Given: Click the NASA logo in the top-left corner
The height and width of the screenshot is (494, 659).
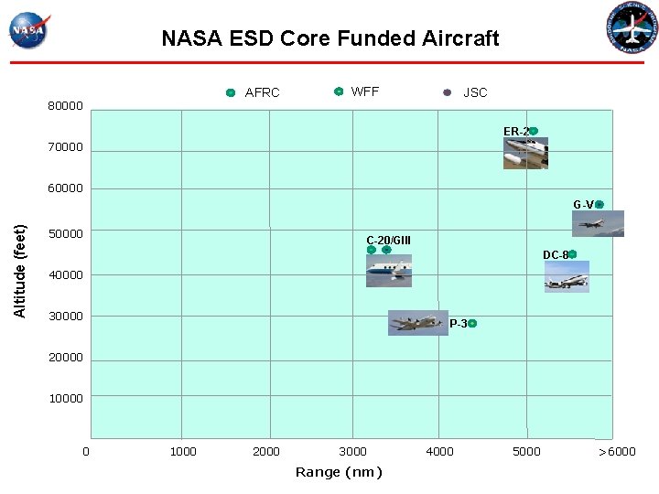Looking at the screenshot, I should [29, 29].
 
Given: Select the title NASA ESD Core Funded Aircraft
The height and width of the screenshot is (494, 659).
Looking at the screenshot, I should [329, 38].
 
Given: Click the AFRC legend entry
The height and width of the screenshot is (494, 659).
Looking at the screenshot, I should [254, 92].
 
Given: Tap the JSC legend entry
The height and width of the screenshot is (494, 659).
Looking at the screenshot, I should [466, 92].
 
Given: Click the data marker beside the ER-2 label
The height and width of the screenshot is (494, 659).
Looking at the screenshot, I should [534, 131].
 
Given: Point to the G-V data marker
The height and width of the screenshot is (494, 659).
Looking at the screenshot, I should [600, 204].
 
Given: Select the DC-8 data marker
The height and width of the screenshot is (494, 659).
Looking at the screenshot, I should [572, 254].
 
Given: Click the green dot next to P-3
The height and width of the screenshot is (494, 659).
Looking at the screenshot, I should [472, 323].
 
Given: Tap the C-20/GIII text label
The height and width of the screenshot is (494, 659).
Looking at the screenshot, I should [388, 241].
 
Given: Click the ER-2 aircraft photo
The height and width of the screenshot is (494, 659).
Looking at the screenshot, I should [525, 153].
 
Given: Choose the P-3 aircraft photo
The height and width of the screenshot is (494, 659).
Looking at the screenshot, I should [417, 323].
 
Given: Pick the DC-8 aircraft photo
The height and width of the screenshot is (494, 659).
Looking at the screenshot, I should [567, 276].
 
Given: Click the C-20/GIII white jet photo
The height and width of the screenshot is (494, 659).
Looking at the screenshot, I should [388, 269].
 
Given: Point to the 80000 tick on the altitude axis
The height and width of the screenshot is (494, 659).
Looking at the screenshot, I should [65, 106].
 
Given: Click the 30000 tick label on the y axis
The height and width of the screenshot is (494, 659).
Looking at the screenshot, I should [65, 317].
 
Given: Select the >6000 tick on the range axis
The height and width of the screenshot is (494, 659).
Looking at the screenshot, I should [617, 451].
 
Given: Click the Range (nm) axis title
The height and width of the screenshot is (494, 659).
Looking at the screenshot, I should [339, 472].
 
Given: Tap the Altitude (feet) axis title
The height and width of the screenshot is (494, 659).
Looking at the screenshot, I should [20, 272].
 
